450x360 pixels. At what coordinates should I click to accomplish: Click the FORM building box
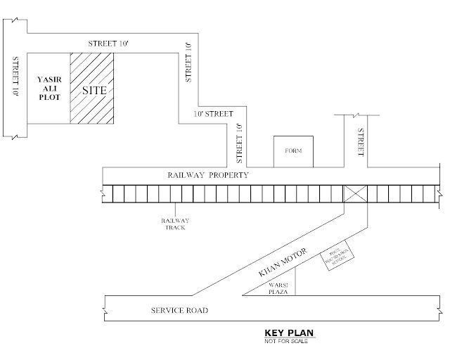pyautogui.click(x=292, y=151)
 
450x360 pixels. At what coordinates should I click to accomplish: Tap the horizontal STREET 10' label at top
pyautogui.click(x=109, y=42)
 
